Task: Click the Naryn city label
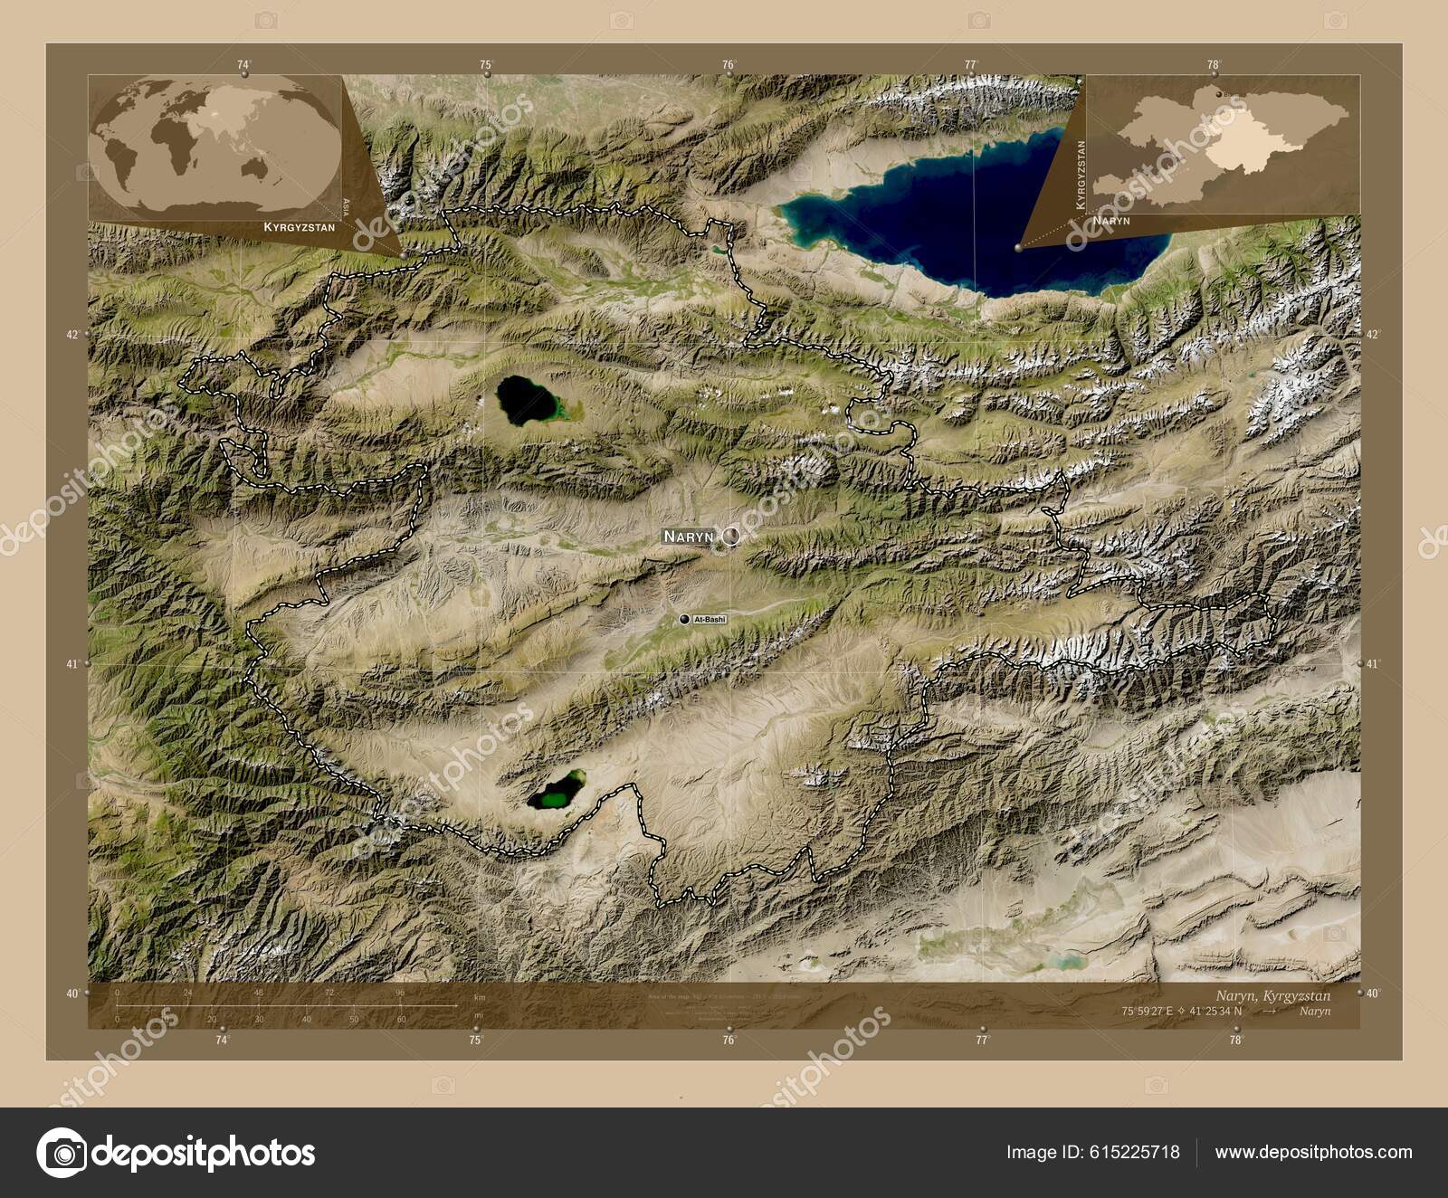[688, 537]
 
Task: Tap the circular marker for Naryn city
[730, 537]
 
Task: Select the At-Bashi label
[709, 619]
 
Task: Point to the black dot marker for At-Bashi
[683, 619]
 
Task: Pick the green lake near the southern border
[557, 792]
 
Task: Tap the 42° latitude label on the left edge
[72, 334]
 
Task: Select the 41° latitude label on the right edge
[1373, 663]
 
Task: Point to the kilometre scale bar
[286, 1004]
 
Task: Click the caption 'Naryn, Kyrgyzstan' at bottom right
[1273, 994]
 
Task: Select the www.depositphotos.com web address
[1313, 1152]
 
